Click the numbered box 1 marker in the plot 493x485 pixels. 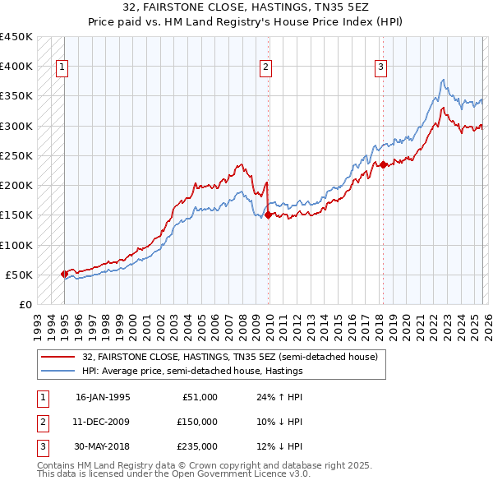(62, 68)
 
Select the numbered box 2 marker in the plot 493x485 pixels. (266, 68)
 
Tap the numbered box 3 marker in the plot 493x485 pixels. (381, 68)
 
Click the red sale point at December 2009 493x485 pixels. (268, 215)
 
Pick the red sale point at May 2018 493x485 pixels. (383, 164)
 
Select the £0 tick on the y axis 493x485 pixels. (25, 304)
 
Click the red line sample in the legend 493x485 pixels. (58, 357)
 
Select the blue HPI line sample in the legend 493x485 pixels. (58, 371)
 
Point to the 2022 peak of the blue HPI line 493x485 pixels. (443, 81)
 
